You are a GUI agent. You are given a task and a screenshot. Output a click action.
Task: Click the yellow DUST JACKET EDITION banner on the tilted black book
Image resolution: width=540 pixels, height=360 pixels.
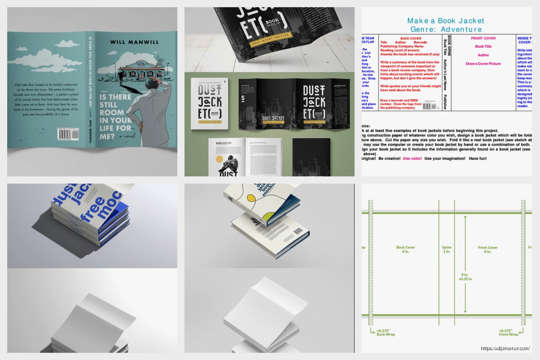pos(275,45)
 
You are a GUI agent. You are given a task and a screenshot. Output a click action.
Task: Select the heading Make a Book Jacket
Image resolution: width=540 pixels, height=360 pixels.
pos(445,21)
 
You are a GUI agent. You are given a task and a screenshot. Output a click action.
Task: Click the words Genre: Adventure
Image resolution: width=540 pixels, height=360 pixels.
pos(445,29)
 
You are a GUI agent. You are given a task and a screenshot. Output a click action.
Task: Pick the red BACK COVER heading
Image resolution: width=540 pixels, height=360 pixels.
pos(410,39)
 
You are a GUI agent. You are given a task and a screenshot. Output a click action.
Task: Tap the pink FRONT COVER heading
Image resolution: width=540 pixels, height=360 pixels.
pos(483,39)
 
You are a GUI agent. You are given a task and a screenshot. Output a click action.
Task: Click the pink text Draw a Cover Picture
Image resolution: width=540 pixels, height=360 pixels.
pos(483,63)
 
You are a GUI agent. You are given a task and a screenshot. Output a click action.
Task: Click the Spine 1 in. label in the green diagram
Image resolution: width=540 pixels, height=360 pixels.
pos(446,250)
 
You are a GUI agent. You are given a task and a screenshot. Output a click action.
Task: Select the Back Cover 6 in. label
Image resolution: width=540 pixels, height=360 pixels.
pos(405,250)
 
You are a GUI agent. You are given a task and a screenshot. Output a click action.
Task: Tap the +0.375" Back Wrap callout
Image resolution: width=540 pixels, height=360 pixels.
pos(386,333)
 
